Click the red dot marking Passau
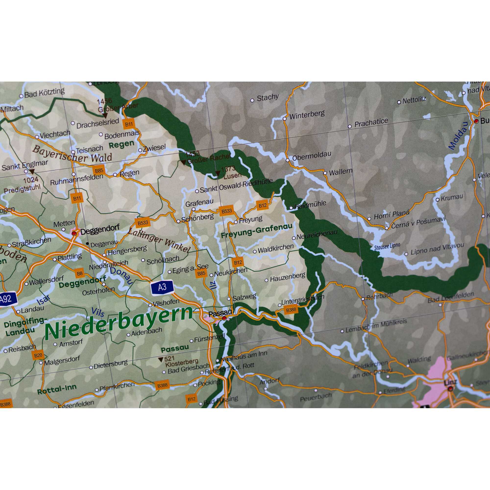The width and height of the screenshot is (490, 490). pos(224,318)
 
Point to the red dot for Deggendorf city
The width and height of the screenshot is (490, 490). pos(74,233)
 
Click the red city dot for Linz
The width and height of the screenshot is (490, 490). pos(450,389)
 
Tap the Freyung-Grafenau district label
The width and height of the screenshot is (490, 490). pos(257,231)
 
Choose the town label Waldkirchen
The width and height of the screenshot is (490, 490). pos(275,248)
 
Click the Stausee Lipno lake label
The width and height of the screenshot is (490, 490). pos(387,246)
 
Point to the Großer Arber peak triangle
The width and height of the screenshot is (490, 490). pos(105,116)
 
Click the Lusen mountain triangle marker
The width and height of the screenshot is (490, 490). pos(217,173)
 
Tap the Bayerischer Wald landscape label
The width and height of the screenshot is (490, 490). pos(72,154)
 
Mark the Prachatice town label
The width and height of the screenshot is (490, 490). pos(371,123)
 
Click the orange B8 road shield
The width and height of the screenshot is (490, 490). pos(80,273)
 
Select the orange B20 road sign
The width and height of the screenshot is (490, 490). pos(38,355)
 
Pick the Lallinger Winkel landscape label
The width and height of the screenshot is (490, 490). pos(159,240)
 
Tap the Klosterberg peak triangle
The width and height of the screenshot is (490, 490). pos(160,359)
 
